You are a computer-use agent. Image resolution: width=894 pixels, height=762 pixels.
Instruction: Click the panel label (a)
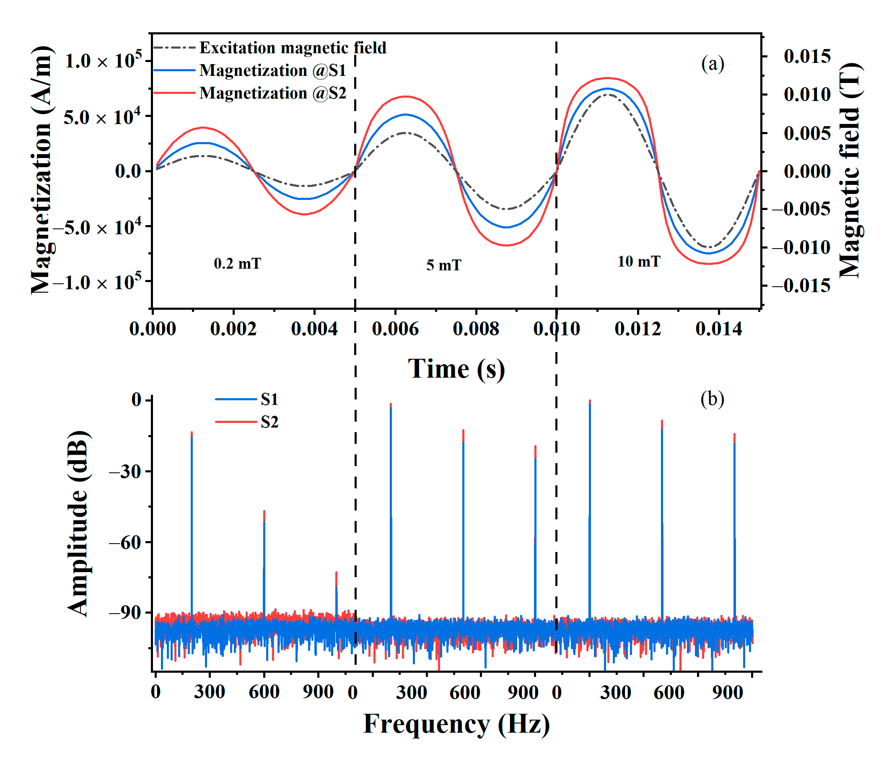point(713,64)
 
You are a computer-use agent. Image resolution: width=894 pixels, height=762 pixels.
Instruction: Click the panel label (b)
point(712,399)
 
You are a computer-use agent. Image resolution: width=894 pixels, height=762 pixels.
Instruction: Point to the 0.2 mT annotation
point(237,263)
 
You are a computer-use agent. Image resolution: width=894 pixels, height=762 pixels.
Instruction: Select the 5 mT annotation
point(443,265)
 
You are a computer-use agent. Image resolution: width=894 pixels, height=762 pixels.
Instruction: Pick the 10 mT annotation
point(639,262)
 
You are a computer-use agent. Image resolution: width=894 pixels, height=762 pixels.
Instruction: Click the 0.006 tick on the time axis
point(395,329)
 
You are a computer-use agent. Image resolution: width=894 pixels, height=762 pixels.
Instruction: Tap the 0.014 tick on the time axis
point(718,329)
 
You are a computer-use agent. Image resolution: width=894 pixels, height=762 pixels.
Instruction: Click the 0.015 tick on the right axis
point(807,57)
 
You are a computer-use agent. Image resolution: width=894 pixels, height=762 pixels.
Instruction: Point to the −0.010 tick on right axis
point(801,248)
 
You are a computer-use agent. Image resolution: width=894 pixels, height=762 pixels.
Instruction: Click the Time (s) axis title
point(456,369)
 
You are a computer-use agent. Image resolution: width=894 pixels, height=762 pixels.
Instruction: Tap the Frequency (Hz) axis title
point(456,724)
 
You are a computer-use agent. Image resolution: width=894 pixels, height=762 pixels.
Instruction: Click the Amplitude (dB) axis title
point(78,523)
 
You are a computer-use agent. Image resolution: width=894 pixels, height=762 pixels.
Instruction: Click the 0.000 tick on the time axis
point(153,329)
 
